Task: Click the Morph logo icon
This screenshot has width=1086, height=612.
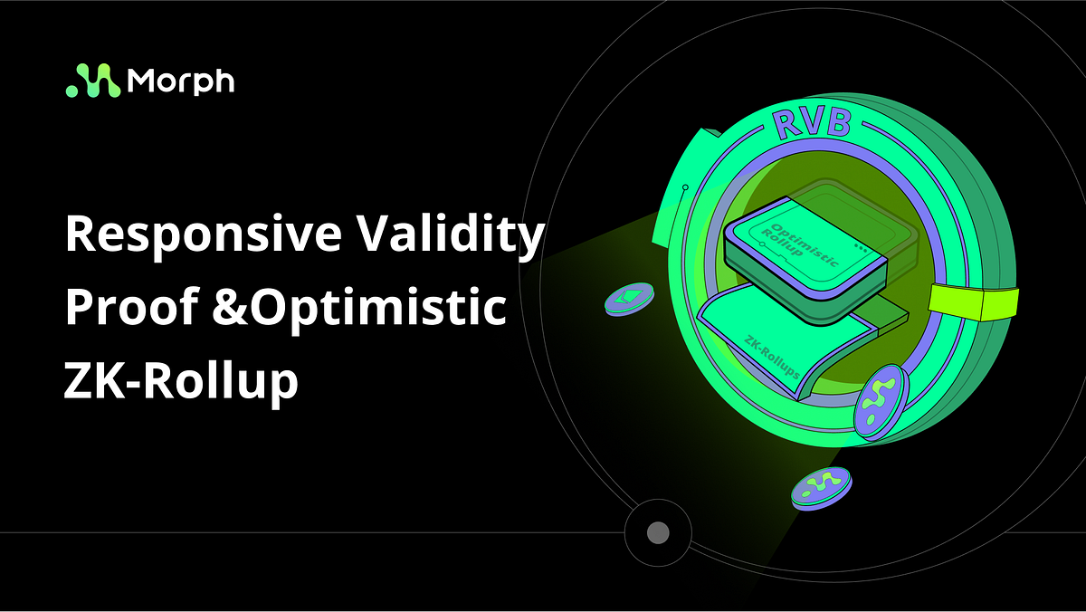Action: [x=92, y=81]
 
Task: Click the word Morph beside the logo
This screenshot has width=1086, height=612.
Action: [x=181, y=81]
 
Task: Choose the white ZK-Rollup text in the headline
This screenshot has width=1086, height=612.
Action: [x=181, y=381]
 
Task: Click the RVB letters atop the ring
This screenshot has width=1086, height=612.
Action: [x=810, y=122]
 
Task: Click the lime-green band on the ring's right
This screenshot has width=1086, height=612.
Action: [x=981, y=302]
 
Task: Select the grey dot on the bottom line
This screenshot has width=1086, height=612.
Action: [x=658, y=532]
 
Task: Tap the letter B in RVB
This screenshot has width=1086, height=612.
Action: [x=836, y=123]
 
